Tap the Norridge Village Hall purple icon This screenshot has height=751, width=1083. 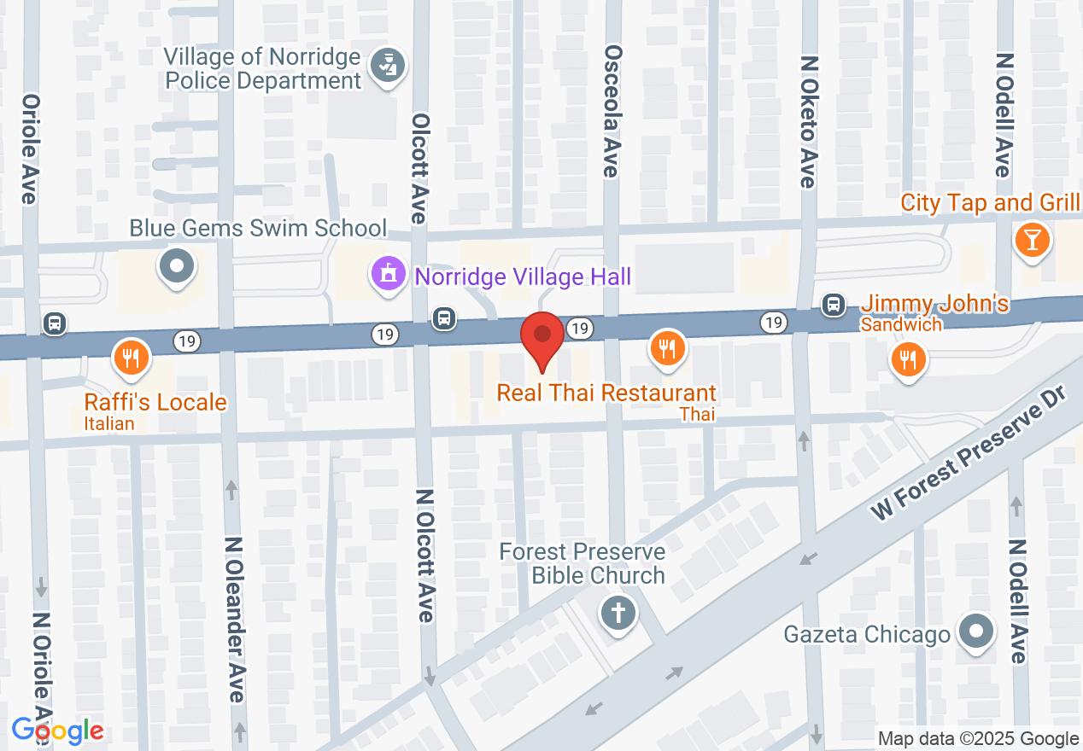(387, 275)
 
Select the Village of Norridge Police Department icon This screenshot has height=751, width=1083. (389, 67)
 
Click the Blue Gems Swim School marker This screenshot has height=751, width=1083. (177, 265)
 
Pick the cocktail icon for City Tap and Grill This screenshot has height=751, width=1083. (1032, 240)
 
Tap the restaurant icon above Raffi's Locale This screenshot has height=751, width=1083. (131, 357)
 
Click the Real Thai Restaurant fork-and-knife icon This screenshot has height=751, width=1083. (667, 348)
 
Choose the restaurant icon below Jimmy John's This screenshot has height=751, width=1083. (909, 358)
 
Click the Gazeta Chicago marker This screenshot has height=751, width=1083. (976, 632)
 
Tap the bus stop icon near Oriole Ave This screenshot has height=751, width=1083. (55, 323)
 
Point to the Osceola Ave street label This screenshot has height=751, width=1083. (611, 111)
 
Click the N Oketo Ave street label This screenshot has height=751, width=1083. (809, 122)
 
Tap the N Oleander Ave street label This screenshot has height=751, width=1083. (236, 619)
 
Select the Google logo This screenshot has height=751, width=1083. (57, 731)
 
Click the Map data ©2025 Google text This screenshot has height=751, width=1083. (978, 739)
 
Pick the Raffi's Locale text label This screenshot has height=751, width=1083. (155, 402)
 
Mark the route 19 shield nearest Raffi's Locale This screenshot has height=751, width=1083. (186, 341)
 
